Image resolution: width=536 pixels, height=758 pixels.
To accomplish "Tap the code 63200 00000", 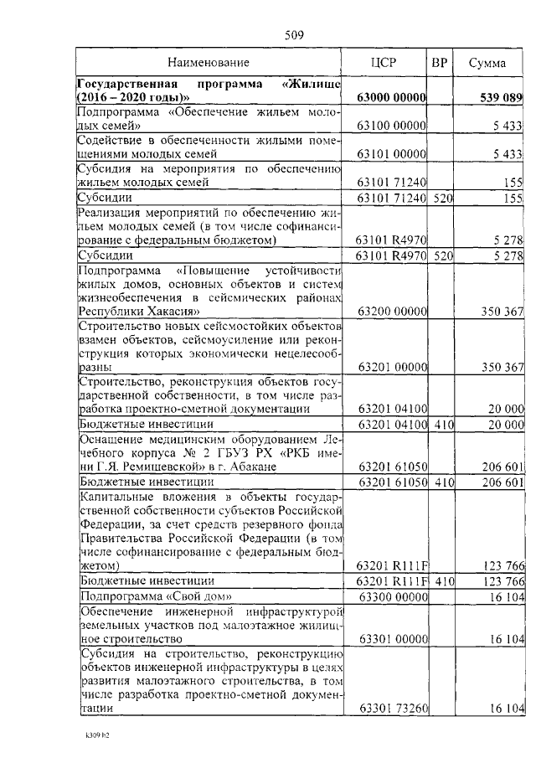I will tap(392, 311).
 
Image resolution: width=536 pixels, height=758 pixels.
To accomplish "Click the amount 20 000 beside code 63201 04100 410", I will tap(505, 425).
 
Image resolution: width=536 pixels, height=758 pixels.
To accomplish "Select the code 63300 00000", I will tap(392, 596).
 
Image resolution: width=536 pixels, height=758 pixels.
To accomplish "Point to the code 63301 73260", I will tap(392, 709).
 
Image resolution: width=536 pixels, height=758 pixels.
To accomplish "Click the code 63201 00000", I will tap(392, 367).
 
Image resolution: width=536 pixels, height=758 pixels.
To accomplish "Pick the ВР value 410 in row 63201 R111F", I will tap(444, 581).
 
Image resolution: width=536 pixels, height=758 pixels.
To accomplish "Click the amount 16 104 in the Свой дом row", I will tap(507, 596).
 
